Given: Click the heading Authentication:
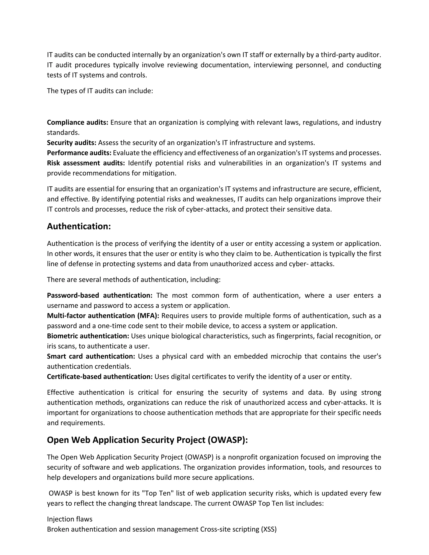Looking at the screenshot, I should [79, 226].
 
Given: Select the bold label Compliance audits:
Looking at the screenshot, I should [78, 123].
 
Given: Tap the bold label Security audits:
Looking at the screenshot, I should [71, 143].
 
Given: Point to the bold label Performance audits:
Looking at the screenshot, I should [79, 153].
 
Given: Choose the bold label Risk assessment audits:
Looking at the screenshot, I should [86, 163].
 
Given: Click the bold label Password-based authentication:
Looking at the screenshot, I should [100, 295].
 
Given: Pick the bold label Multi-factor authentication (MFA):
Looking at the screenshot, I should [103, 316].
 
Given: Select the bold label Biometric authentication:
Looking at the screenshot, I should [88, 336].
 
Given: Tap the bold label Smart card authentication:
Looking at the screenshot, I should [91, 356].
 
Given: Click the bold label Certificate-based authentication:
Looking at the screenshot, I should [100, 377].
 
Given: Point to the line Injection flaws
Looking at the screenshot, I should [70, 519].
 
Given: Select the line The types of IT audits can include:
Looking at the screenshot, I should [100, 91].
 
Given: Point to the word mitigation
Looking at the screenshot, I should [159, 173].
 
